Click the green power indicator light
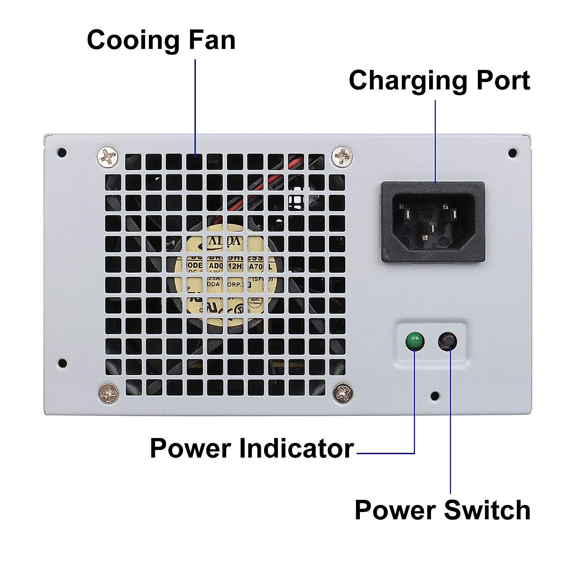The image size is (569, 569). pyautogui.click(x=414, y=340)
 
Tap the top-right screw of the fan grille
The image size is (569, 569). pyautogui.click(x=342, y=155)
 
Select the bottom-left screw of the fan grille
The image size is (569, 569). pyautogui.click(x=109, y=393)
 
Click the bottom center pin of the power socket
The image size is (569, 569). pyautogui.click(x=427, y=229)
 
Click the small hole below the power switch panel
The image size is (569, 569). pyautogui.click(x=434, y=395)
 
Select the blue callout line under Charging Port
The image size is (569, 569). pyautogui.click(x=435, y=142)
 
